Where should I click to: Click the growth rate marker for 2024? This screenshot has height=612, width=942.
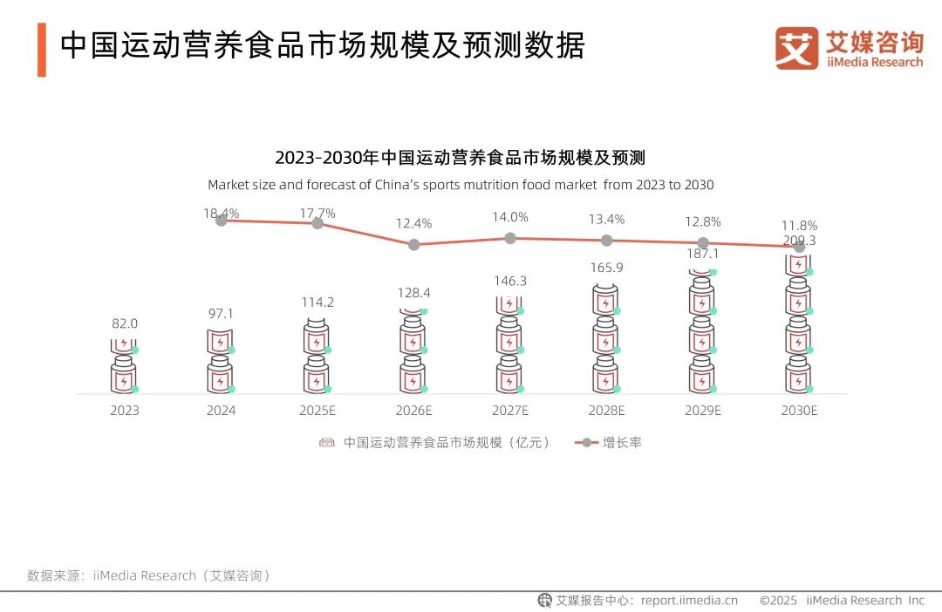coord(222,221)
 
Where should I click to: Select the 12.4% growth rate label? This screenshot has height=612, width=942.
coord(413,223)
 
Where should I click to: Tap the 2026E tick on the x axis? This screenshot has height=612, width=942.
coord(413,411)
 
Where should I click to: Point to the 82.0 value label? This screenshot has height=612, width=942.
coord(125,323)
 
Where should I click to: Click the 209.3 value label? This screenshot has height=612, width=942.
coord(799,241)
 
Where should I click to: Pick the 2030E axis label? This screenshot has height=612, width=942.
coord(799,411)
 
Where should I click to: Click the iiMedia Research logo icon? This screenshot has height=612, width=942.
coord(796,48)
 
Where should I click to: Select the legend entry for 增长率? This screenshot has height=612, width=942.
coord(609,442)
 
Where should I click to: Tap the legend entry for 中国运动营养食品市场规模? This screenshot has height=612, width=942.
coord(436,442)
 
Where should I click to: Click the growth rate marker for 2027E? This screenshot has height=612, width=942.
coord(510,238)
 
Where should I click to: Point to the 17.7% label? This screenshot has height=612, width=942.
coord(317,213)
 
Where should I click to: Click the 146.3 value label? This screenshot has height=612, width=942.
coord(510,281)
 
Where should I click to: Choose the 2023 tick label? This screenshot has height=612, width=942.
coord(125,411)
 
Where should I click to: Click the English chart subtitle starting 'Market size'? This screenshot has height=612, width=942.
coord(461,185)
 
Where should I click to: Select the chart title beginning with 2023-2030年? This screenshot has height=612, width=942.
coord(460,158)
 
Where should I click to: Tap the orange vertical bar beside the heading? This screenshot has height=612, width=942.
coord(41,50)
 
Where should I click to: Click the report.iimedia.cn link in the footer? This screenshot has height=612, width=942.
coord(689,600)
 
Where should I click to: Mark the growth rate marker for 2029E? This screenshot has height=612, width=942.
coord(703,243)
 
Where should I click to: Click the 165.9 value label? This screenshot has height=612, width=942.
coord(606,268)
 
